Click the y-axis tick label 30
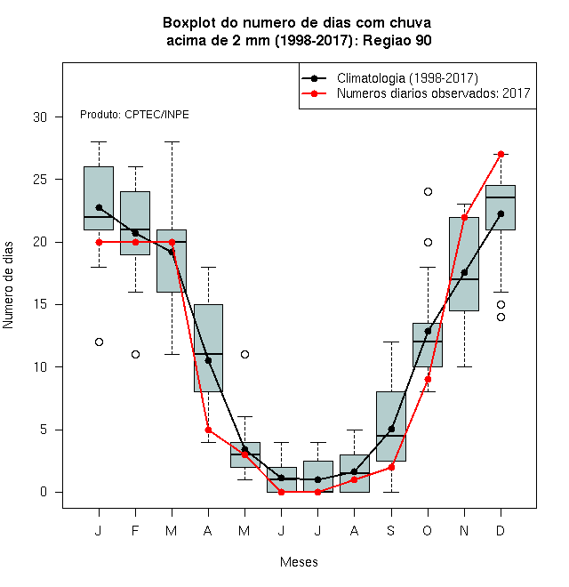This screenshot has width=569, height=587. (x=40, y=117)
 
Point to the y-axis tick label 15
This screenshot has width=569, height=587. (x=40, y=304)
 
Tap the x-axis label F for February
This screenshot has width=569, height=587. (x=135, y=530)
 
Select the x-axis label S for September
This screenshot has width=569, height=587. (x=391, y=530)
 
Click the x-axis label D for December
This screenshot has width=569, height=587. (x=501, y=530)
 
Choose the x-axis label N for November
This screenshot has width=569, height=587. (x=464, y=530)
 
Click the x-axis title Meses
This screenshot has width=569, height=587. (x=299, y=562)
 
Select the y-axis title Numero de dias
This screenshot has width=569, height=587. (x=8, y=285)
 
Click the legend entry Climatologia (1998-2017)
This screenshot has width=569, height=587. (x=407, y=78)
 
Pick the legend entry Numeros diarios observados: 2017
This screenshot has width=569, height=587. (x=434, y=93)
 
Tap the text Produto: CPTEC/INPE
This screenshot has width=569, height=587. (x=134, y=115)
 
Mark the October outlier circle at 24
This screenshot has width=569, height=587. (x=428, y=192)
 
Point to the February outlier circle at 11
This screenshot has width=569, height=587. (x=135, y=354)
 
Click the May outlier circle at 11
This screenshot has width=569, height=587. (x=244, y=354)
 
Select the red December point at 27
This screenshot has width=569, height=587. (x=501, y=154)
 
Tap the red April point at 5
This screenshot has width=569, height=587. (x=209, y=430)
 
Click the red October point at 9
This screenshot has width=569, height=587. (x=428, y=379)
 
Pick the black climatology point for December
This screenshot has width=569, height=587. (x=501, y=213)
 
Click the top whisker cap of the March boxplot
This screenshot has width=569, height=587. (x=172, y=142)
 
